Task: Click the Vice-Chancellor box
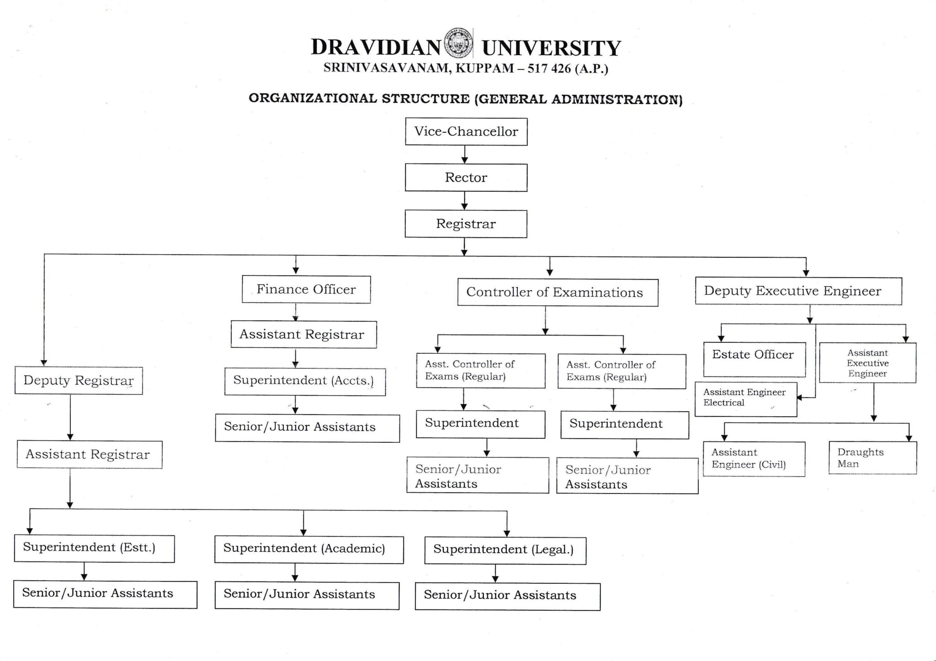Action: (x=466, y=131)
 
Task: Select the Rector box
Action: (x=466, y=178)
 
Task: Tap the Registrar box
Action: (x=466, y=224)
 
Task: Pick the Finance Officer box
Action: (x=306, y=289)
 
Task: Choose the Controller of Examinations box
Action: (x=558, y=293)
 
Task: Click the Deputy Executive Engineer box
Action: (x=798, y=291)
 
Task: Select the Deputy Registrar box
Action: (x=79, y=381)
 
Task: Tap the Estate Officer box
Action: (x=754, y=359)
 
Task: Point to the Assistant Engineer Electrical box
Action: (x=745, y=399)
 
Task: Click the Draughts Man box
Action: (x=872, y=458)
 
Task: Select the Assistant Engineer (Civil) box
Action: (x=754, y=459)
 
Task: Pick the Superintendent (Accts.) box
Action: (x=305, y=382)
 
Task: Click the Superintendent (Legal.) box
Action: (x=505, y=551)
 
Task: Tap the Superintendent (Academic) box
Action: (x=309, y=549)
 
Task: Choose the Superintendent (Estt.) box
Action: (x=94, y=548)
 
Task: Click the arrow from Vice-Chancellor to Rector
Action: (x=465, y=155)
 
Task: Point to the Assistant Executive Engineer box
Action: (x=867, y=363)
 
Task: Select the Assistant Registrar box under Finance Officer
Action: (x=303, y=335)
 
